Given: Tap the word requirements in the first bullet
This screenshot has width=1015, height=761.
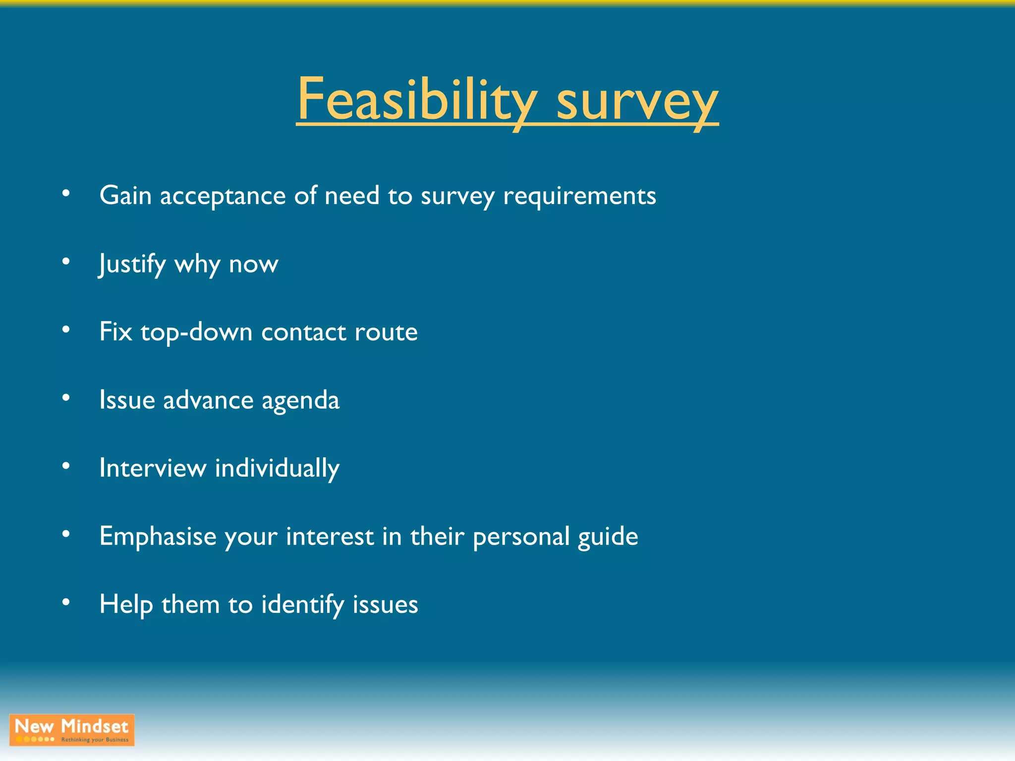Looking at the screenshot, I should pyautogui.click(x=579, y=196).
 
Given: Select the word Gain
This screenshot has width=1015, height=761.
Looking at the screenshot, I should pyautogui.click(x=125, y=195).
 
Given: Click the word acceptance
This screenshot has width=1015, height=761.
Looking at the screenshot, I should pyautogui.click(x=223, y=196).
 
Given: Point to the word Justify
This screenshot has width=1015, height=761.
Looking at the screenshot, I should pyautogui.click(x=132, y=264).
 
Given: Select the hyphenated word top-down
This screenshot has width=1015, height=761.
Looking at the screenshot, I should pyautogui.click(x=196, y=332).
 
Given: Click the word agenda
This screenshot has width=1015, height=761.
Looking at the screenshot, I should pyautogui.click(x=300, y=401).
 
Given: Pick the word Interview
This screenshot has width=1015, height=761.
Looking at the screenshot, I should pyautogui.click(x=153, y=468).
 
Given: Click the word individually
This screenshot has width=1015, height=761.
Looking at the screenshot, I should pyautogui.click(x=277, y=469).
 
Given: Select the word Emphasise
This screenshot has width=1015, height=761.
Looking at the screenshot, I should pyautogui.click(x=158, y=537).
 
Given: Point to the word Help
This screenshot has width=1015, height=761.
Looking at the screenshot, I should pyautogui.click(x=125, y=605).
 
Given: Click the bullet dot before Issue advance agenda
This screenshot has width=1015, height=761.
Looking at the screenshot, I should pyautogui.click(x=66, y=398).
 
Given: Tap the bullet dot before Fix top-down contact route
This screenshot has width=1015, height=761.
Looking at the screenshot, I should pyautogui.click(x=66, y=329).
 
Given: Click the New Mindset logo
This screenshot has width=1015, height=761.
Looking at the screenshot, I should pyautogui.click(x=72, y=730).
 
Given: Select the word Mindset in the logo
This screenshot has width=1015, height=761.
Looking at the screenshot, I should pyautogui.click(x=94, y=726).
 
